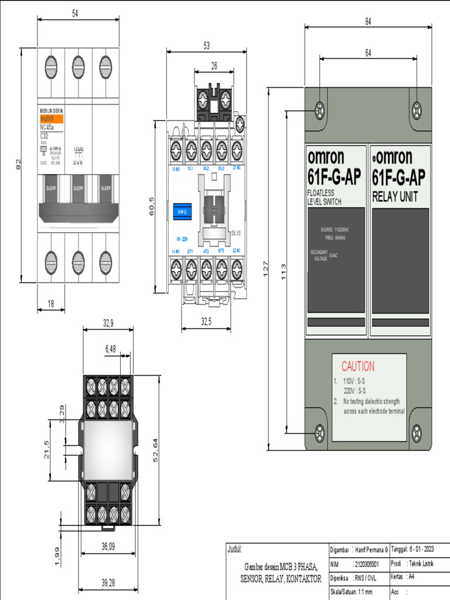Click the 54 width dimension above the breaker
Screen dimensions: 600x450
[x=75, y=13]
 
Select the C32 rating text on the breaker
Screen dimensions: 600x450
[x=44, y=135]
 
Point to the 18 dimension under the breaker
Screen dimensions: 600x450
[x=50, y=303]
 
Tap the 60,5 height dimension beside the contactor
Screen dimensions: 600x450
[x=151, y=207]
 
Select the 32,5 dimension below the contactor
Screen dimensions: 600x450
[x=206, y=321]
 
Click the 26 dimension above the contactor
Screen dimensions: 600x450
[x=214, y=66]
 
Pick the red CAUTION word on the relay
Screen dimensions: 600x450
[x=357, y=367]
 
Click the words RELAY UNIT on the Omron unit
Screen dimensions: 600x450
[x=395, y=197]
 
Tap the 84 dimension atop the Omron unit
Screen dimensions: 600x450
[x=368, y=22]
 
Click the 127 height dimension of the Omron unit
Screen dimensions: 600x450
[x=265, y=269]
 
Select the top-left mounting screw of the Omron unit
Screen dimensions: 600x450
[x=320, y=109]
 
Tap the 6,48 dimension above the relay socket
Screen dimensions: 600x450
[x=110, y=349]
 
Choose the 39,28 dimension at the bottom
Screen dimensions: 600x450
[x=108, y=582]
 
